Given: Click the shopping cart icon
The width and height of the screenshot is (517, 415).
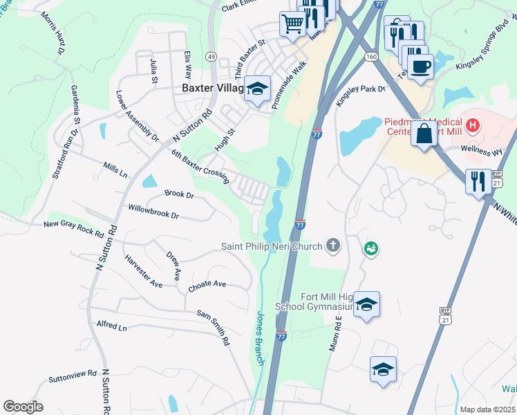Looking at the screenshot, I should pos(293,24).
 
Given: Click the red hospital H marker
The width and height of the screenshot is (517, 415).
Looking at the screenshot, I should pos(473,125).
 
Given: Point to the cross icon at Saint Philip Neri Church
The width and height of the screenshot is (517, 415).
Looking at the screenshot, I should pos(333,245).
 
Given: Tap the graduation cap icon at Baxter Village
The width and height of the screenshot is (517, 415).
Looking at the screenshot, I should pos(257,89).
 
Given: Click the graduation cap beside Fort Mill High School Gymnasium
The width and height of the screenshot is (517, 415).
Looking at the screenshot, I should pos(367,305).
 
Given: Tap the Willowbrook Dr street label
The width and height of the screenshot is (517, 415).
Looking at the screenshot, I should pos(153,211).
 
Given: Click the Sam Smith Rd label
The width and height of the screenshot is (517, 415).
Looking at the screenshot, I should pos(212,326).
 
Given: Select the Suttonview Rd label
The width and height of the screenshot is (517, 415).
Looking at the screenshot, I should pos(73,377).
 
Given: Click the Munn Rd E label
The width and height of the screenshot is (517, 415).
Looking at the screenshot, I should pos(337,334).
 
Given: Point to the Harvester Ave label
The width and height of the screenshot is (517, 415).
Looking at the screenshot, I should pos(144,271).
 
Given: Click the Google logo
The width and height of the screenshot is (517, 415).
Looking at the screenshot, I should pos(23,406).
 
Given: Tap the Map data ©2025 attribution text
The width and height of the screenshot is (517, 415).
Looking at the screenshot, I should pos(487,409).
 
